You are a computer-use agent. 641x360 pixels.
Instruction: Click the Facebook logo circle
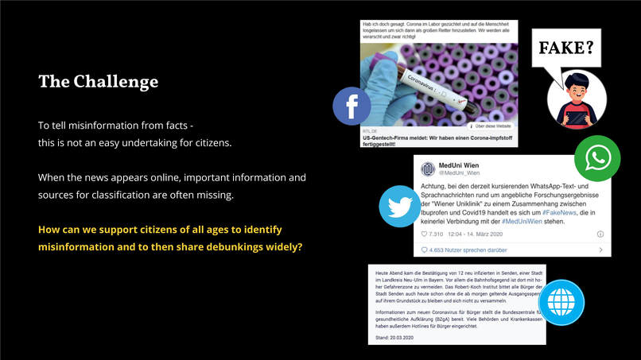pos(352,106)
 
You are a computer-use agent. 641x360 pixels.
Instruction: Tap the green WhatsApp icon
pos(596,158)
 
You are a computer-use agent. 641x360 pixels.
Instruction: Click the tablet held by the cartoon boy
pos(577,118)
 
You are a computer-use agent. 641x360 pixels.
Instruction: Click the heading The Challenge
pos(98,82)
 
